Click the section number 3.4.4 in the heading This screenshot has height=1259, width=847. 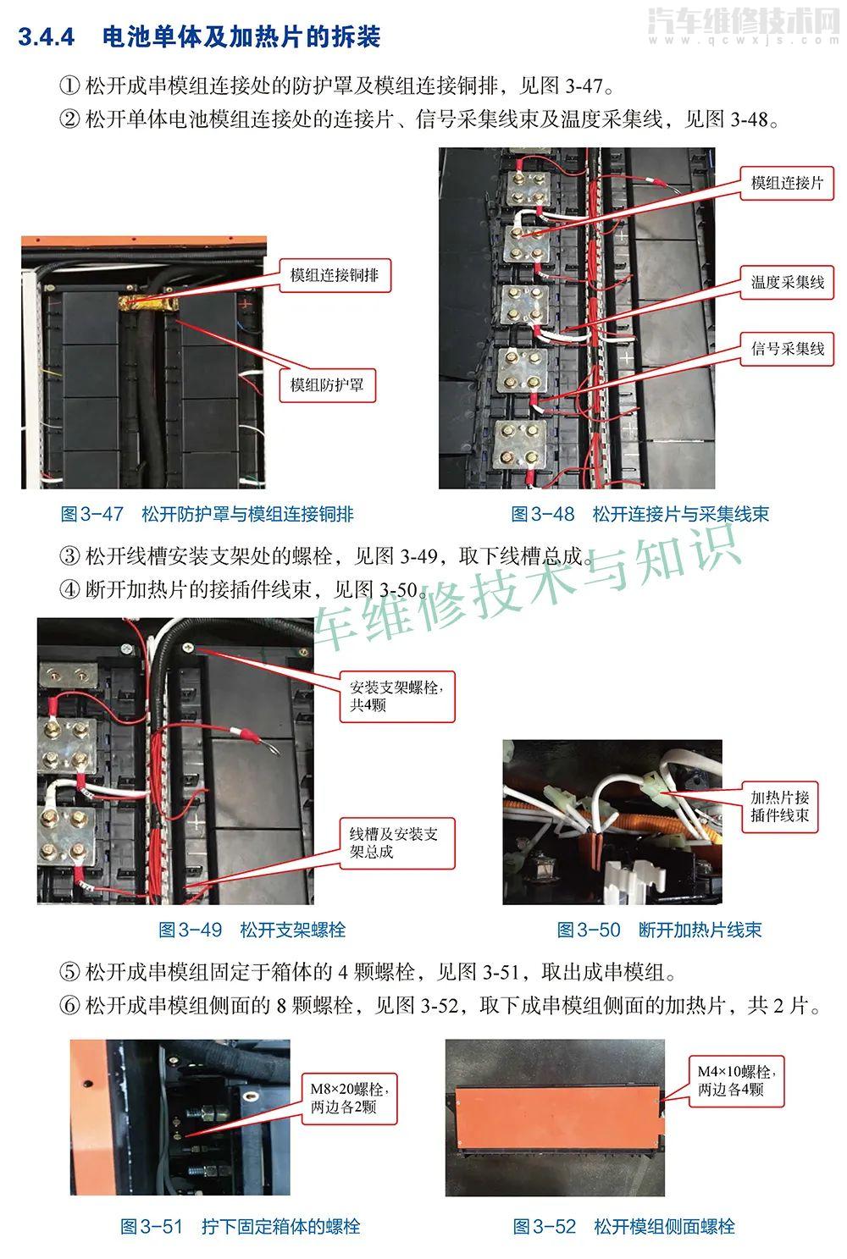46,37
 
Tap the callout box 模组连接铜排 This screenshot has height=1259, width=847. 335,275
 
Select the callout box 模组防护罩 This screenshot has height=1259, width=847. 327,385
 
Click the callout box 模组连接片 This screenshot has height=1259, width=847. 787,183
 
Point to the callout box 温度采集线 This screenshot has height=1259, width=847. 787,282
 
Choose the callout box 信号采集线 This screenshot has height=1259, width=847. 787,349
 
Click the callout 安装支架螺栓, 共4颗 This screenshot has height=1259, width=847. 397,696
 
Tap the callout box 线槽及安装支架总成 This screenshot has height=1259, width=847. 397,843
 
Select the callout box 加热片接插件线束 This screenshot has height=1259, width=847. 779,807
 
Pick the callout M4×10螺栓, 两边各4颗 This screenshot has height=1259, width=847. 736,1081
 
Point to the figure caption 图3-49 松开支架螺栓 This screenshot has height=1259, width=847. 252,930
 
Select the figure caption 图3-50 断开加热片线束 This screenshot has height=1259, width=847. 659,930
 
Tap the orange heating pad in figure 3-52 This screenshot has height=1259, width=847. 556,1118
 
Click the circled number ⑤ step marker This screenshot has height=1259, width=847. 69,972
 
